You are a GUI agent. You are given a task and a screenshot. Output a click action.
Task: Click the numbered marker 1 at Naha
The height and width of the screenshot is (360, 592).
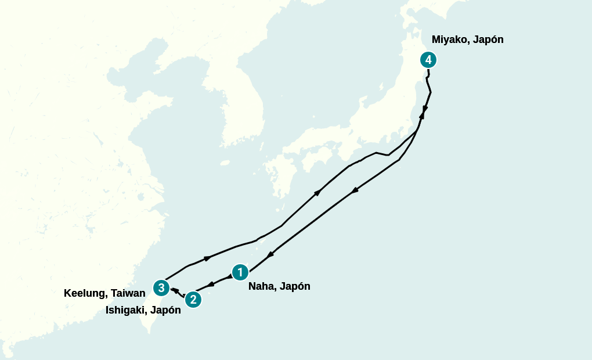(240, 272)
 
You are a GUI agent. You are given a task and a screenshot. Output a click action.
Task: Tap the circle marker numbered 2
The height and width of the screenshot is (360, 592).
(193, 300)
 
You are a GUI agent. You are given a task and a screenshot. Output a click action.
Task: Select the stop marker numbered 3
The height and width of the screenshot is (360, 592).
(161, 287)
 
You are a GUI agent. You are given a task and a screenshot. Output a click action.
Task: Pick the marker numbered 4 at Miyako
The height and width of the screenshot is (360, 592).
(428, 59)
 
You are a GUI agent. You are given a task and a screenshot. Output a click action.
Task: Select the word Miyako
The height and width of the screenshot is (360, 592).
(449, 39)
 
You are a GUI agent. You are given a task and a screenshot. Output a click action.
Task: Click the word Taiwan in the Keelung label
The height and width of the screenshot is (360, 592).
(128, 293)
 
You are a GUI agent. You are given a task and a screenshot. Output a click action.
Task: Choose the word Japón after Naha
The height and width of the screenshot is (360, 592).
(295, 286)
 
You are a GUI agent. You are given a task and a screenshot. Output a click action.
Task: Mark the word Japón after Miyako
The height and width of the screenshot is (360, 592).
(488, 39)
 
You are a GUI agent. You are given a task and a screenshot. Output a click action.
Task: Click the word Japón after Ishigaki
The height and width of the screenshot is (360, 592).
(165, 310)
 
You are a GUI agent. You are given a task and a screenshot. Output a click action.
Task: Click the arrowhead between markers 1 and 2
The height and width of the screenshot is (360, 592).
(211, 284)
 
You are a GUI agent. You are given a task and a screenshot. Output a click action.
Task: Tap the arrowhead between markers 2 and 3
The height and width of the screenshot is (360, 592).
(174, 290)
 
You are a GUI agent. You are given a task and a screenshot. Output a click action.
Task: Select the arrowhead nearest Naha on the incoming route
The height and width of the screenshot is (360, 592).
(270, 255)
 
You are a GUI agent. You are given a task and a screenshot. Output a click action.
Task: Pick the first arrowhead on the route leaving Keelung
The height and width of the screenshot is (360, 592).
(207, 258)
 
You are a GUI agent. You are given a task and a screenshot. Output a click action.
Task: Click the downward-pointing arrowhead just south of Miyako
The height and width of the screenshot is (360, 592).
(425, 109)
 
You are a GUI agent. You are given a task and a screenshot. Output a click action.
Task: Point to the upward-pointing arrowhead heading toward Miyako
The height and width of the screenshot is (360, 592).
(421, 116)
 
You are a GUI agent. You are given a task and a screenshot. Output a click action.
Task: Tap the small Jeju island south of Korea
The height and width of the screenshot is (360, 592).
(225, 163)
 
